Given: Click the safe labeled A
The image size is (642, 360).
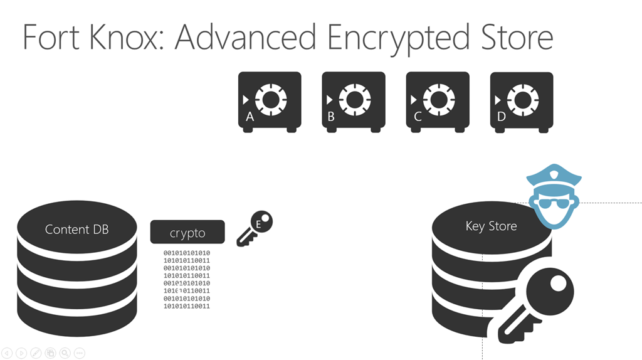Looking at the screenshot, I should coord(270,102).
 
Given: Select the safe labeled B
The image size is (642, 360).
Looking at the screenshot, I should coord(354,102).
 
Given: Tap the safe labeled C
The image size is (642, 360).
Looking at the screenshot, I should coord(438,102).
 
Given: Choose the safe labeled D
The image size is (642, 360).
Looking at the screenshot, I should coord(522,102).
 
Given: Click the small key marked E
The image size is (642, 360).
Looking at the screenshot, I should coord(255,229).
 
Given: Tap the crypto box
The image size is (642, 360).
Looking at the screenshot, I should coord(187,232).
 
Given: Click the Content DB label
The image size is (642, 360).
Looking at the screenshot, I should coord(76,230).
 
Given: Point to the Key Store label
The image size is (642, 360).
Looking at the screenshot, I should coord(491,226).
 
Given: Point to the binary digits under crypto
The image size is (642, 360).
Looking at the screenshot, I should coord(187,280).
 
